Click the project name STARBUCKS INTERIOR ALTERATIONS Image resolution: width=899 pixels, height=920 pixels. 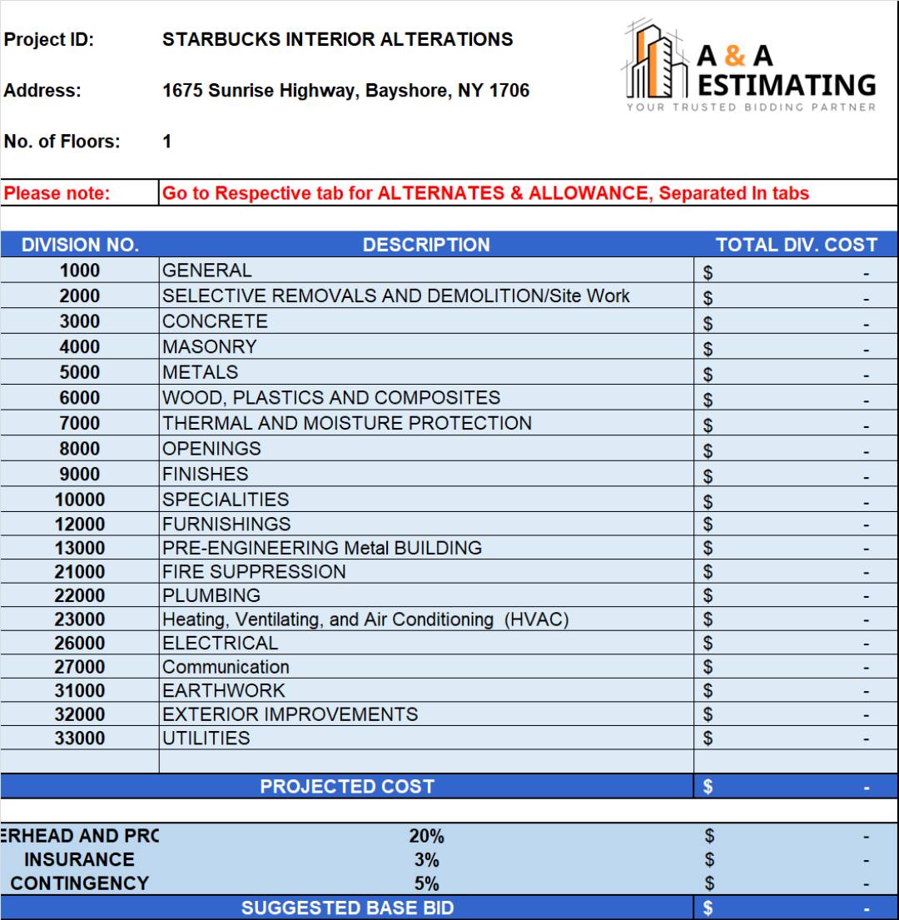(337, 39)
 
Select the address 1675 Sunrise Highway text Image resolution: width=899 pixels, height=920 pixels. (345, 91)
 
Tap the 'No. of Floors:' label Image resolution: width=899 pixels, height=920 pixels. (62, 142)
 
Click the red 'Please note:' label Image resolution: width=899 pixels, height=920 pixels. (57, 193)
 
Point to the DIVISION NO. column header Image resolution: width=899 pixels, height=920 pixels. (80, 245)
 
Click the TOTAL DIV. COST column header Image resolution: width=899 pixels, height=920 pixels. (796, 245)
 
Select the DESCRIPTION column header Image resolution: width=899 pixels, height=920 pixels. (425, 245)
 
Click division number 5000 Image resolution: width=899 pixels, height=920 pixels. (79, 372)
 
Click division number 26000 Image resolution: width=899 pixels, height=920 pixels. (79, 643)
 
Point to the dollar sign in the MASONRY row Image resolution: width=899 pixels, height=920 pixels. (708, 348)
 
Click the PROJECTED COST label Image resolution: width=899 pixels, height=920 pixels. (347, 786)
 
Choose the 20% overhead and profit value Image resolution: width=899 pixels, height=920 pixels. (425, 836)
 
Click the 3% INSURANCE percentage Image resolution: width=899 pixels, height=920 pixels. (425, 860)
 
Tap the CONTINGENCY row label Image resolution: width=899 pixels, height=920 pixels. (79, 883)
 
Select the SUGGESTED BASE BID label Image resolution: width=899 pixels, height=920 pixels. (347, 908)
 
